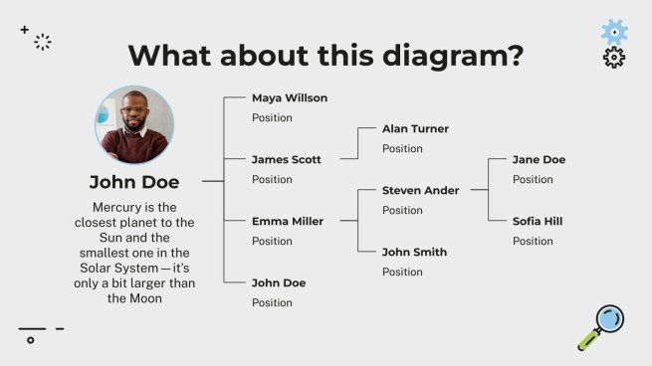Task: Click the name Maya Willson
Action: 289,98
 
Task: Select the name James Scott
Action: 286,160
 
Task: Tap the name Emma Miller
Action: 287,222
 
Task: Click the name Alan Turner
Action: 415,129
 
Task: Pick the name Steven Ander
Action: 420,191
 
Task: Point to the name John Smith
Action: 414,253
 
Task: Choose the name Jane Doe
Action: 539,160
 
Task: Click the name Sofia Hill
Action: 538,222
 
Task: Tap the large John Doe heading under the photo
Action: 134,182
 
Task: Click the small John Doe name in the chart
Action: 279,283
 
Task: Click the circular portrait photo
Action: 134,125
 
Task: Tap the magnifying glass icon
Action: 602,327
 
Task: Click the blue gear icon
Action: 614,32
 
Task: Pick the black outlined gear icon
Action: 614,58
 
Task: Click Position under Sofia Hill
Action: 533,242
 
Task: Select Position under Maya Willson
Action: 272,118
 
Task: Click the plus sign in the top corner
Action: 25,30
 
